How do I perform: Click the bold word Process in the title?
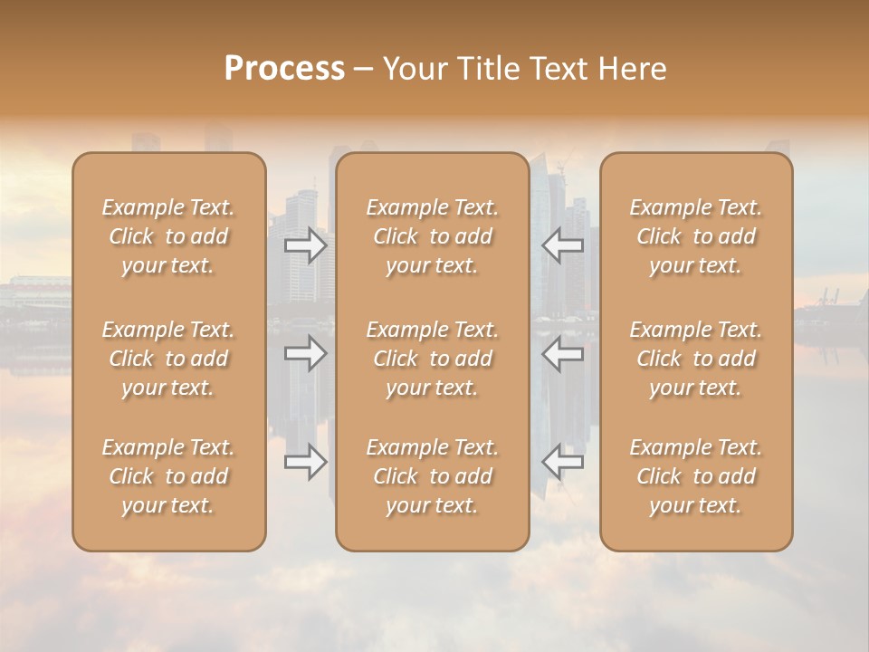284,69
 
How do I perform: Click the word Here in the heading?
633,69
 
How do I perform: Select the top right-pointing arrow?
306,245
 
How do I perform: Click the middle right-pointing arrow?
306,353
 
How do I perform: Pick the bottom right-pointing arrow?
306,462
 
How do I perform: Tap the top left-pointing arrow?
562,245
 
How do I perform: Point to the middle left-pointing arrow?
562,353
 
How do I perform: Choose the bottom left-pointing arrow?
562,462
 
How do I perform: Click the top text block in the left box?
168,236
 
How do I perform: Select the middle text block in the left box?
168,359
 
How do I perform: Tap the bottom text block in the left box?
168,476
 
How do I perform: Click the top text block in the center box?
433,236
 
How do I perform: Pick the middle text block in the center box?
433,359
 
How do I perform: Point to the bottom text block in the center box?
433,476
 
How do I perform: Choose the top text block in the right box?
696,236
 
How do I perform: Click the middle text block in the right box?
696,359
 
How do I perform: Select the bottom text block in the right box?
696,476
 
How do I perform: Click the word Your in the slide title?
414,69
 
